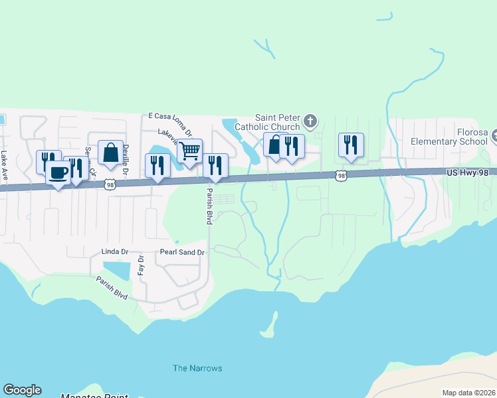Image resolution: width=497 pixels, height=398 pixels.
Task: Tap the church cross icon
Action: (x=310, y=121)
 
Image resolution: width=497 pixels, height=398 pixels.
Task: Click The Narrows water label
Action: (x=197, y=368)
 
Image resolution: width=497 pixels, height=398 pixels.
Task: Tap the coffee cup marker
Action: (x=58, y=173)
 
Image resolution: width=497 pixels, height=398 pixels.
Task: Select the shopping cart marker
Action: (x=190, y=151)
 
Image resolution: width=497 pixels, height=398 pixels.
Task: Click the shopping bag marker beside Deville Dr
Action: (x=110, y=153)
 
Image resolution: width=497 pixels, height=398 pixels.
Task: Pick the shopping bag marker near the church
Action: (x=274, y=145)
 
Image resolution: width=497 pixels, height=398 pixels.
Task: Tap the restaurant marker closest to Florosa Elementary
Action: (x=351, y=145)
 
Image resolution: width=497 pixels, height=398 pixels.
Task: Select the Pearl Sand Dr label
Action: (x=183, y=252)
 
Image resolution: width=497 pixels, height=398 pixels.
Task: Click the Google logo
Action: (x=22, y=390)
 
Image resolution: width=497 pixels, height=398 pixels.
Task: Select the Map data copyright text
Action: (x=468, y=393)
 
